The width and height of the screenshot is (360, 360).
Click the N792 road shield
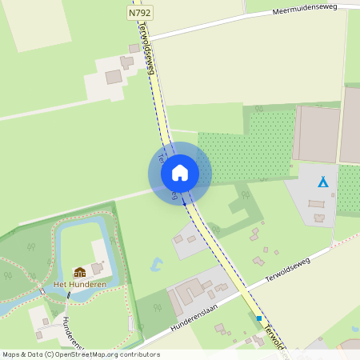[x=138, y=14]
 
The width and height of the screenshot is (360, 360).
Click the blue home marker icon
[x=180, y=173]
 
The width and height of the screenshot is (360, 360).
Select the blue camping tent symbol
[x=323, y=182]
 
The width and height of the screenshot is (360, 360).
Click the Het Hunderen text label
[x=80, y=284]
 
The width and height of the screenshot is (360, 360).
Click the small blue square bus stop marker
[x=259, y=318]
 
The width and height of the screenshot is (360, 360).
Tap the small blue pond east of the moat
[x=158, y=262]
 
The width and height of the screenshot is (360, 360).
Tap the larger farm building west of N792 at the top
[x=114, y=77]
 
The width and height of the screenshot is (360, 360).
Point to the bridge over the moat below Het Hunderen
[x=69, y=294]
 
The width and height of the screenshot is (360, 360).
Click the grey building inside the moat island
[x=98, y=268]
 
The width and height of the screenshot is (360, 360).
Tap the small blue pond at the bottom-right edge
[x=354, y=329]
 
